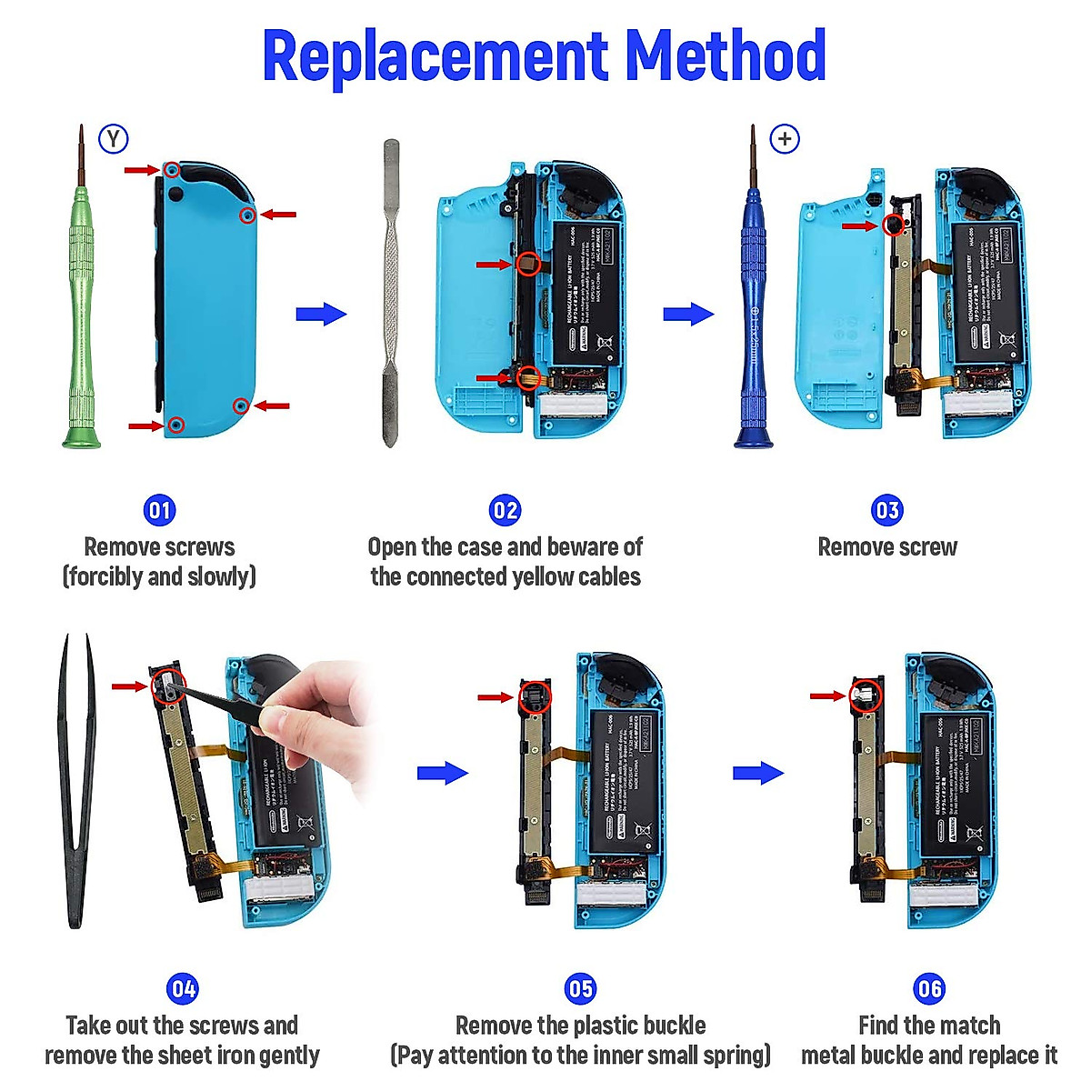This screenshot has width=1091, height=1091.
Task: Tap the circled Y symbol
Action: click(x=114, y=139)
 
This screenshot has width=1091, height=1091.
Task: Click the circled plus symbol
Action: click(x=785, y=139)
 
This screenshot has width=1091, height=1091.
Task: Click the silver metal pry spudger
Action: click(x=391, y=291)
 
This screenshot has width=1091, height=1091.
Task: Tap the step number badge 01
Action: click(x=159, y=510)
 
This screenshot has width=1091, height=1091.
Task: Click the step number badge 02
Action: click(x=505, y=510)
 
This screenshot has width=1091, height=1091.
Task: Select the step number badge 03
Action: click(x=886, y=510)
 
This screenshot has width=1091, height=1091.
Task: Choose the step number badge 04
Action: click(x=183, y=988)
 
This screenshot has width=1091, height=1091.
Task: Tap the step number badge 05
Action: click(x=580, y=988)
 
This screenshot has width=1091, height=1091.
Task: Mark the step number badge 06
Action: click(x=928, y=988)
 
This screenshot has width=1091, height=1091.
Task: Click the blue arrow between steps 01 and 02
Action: click(x=321, y=315)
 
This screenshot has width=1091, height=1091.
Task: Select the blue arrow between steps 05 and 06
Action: click(x=757, y=774)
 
